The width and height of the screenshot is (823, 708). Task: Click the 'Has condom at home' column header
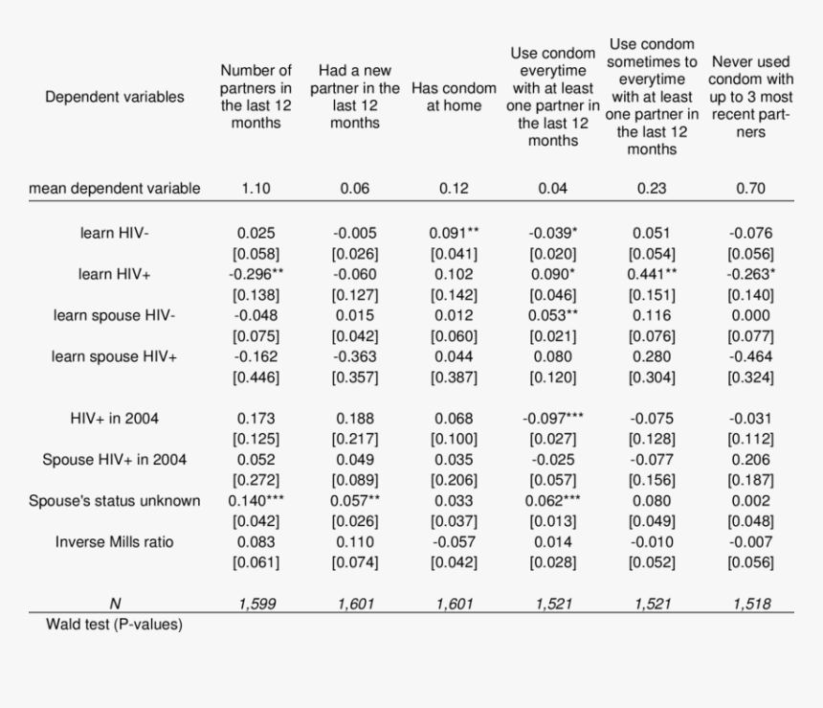[x=454, y=97]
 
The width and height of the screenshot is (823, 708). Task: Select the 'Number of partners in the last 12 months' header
[x=256, y=97]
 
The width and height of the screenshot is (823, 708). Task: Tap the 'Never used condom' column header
[x=751, y=97]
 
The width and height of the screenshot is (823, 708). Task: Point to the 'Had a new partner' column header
[x=355, y=97]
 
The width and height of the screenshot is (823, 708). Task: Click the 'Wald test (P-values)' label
[x=115, y=625]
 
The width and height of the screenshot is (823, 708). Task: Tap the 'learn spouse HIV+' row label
[x=114, y=356]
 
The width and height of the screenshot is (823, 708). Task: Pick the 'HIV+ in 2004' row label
[x=114, y=419]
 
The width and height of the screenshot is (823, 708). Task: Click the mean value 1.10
[x=256, y=189]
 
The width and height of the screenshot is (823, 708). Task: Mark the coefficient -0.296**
[x=256, y=274]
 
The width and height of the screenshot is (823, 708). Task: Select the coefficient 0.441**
[x=652, y=274]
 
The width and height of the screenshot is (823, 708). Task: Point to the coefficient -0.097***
[x=552, y=419]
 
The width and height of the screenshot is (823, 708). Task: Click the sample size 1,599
[x=256, y=604]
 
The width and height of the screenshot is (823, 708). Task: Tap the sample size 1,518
[x=751, y=604]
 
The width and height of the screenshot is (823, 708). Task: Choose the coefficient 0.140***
[x=256, y=501]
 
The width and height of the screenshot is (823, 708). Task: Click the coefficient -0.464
[x=751, y=356]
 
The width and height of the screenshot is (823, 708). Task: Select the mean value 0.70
[x=751, y=189]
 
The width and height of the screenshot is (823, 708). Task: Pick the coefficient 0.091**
[x=454, y=233]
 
